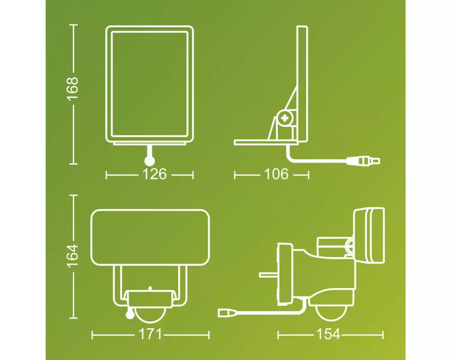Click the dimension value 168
click(x=72, y=88)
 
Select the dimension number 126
click(x=154, y=174)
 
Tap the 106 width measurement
click(x=276, y=174)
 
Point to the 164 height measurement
click(x=72, y=256)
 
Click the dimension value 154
click(x=328, y=334)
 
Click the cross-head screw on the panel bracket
click(x=284, y=118)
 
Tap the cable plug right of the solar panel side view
click(x=363, y=161)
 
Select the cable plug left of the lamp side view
click(x=228, y=313)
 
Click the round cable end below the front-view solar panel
click(x=149, y=162)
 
